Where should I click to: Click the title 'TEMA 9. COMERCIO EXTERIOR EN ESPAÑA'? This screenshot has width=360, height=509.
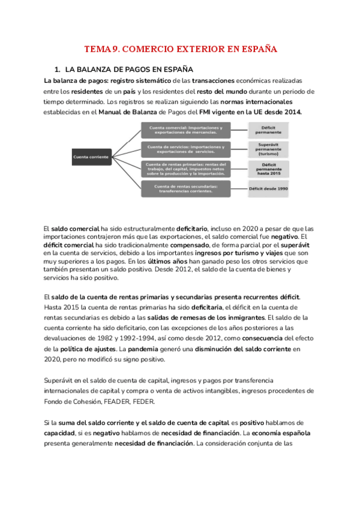pos(180,49)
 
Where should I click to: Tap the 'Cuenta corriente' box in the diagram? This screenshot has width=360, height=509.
pos(91,157)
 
